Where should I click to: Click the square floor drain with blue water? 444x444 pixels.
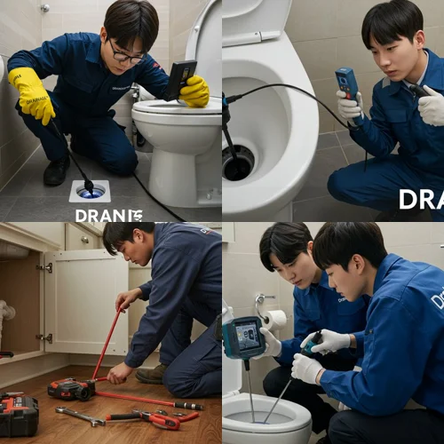(x=90, y=190)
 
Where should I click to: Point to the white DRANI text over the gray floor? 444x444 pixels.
(x=108, y=215)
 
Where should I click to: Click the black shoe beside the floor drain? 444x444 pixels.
(x=57, y=170)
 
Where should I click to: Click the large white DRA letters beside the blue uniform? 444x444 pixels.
(x=420, y=200)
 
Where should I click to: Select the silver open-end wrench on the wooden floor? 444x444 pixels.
(x=80, y=416)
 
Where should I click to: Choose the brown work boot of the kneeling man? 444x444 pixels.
(x=151, y=374)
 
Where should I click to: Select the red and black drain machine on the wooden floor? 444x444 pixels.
(x=71, y=388)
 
